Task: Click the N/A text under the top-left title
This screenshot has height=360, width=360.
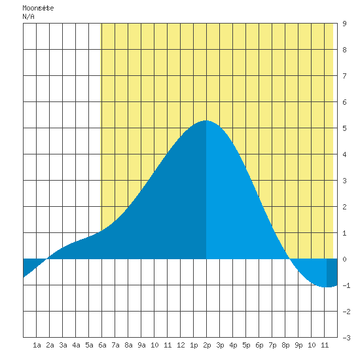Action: tap(28, 16)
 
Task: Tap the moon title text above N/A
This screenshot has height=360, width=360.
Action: tap(38, 8)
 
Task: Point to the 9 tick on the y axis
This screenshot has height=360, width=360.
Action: tap(344, 24)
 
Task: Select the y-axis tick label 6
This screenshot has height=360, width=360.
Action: tap(344, 102)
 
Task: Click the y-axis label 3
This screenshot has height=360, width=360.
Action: tap(344, 181)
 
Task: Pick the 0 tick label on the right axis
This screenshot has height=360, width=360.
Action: tap(344, 259)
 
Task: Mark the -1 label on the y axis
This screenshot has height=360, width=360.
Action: tap(346, 285)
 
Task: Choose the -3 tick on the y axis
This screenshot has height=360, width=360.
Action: tap(346, 338)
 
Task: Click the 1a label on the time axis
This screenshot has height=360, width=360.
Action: tap(37, 345)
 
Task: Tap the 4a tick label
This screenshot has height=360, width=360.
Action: tap(76, 345)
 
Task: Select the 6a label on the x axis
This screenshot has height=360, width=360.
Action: tap(102, 345)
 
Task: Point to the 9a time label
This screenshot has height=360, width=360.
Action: tap(141, 345)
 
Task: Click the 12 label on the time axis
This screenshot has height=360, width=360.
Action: tap(181, 345)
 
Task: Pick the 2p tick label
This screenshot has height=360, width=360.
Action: tap(207, 345)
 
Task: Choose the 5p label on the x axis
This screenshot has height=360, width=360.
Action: tap(246, 345)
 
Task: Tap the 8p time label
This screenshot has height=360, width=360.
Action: tap(285, 345)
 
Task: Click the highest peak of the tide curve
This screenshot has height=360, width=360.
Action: tap(206, 120)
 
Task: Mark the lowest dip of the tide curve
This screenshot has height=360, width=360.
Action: tap(327, 287)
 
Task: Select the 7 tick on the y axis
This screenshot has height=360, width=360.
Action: tap(344, 76)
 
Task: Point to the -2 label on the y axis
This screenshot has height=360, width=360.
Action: tap(346, 312)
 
